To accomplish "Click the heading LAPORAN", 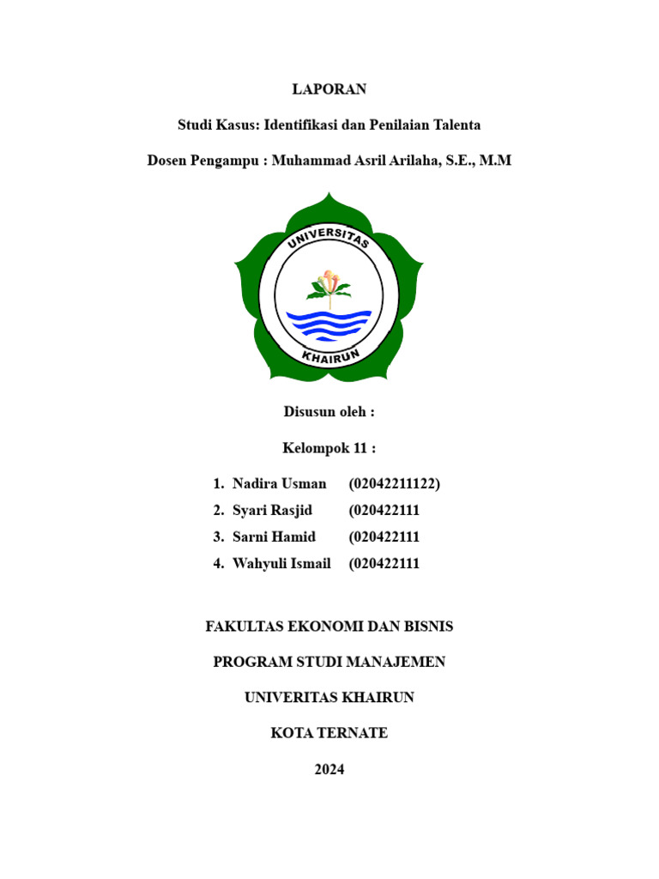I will point(329,88).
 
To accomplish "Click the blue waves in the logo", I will point(329,324).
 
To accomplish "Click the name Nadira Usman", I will point(280,484).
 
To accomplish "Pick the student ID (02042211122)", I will point(394,484).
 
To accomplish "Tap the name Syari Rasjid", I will point(273,511).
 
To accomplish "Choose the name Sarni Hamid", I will point(275,536).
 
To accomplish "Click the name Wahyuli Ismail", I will point(281,563).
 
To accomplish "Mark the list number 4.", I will point(218,563).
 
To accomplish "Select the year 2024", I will point(329,769).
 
